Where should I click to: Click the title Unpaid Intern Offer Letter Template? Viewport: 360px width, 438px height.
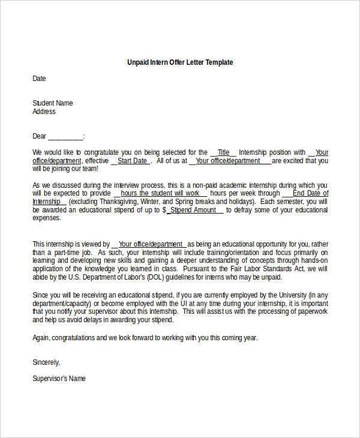pos(180,62)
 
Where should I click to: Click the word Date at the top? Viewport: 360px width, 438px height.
pos(39,79)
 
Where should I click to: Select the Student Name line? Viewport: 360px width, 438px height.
pos(53,103)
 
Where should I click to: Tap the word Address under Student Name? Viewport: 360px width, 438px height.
pos(44,112)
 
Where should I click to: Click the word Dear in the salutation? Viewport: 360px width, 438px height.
pos(40,136)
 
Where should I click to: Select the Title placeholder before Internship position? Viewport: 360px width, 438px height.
pos(223,152)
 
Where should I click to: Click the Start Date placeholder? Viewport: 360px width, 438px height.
pos(132,161)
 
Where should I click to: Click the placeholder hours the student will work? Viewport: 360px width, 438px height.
pos(160,194)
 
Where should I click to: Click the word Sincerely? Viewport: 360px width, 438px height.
pos(46,362)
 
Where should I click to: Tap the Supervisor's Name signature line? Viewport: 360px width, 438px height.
pos(59,379)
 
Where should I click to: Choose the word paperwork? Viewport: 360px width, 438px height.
pos(313,312)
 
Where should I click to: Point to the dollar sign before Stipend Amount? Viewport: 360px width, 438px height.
pos(164,211)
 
